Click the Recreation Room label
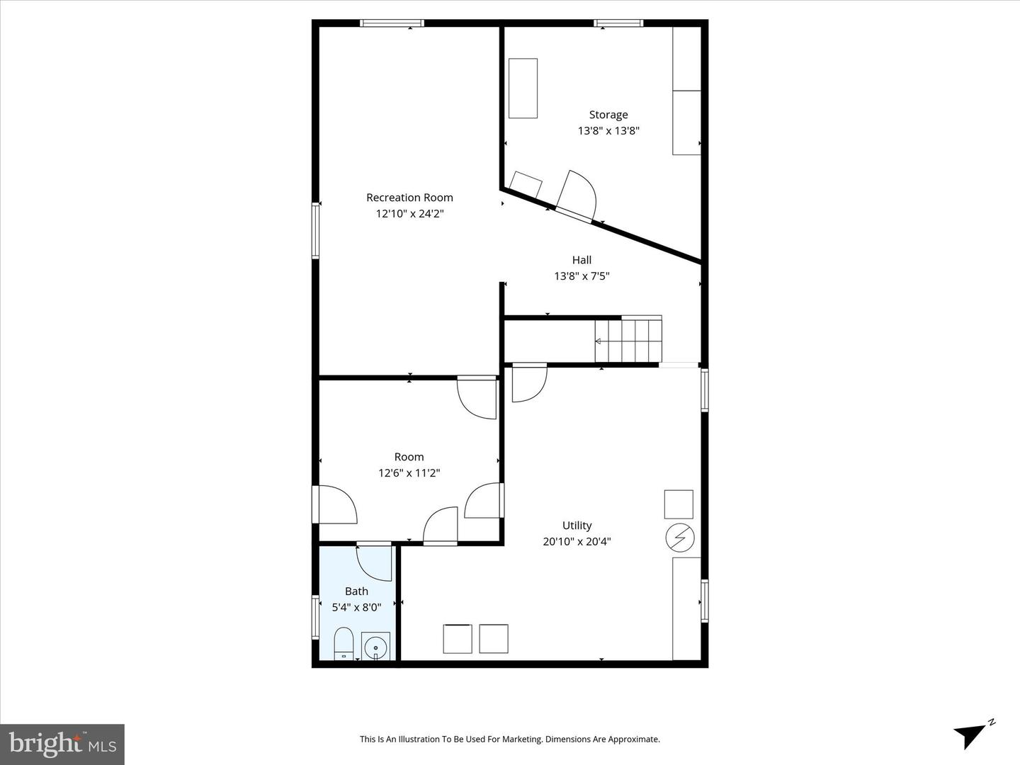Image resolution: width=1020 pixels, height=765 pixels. (409, 198)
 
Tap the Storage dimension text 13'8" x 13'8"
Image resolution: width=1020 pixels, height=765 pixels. (608, 131)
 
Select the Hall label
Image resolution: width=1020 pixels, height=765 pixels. (582, 260)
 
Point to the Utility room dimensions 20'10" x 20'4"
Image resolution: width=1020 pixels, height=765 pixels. (577, 542)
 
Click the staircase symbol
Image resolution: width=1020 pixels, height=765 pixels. (629, 340)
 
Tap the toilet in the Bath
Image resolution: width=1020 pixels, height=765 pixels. (344, 642)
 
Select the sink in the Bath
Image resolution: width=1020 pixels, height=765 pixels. (375, 645)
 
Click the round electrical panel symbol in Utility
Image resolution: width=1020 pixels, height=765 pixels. (679, 538)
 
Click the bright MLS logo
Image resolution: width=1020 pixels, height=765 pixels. (62, 744)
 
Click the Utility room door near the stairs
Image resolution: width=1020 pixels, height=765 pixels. (528, 383)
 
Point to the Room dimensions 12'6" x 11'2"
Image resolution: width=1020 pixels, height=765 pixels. (409, 473)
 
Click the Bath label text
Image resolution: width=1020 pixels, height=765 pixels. (356, 591)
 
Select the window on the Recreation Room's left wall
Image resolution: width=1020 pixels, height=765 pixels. (316, 231)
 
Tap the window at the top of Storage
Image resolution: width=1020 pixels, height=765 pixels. (618, 23)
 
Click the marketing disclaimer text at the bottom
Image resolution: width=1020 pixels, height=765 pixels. (509, 739)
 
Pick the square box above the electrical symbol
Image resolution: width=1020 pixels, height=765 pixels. (679, 504)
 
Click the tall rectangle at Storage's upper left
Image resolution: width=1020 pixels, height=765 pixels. (523, 88)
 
